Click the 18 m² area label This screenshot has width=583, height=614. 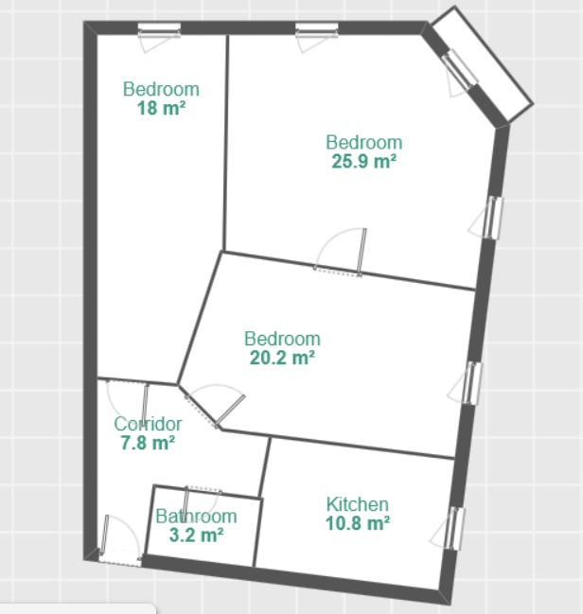click(x=161, y=109)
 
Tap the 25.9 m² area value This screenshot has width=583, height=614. click(x=364, y=162)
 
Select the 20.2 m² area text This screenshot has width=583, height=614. click(x=282, y=358)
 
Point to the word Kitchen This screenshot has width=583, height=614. click(x=358, y=504)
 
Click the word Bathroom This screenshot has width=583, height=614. click(x=196, y=517)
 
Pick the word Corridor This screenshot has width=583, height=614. click(x=148, y=424)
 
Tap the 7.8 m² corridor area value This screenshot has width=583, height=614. click(x=148, y=443)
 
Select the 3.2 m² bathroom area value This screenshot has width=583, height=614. click(x=196, y=535)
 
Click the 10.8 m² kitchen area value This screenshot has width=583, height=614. click(x=358, y=523)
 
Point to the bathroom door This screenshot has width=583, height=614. click(x=202, y=503)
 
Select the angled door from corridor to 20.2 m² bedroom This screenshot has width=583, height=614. click(x=216, y=406)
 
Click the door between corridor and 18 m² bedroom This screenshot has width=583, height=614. click(x=128, y=400)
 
